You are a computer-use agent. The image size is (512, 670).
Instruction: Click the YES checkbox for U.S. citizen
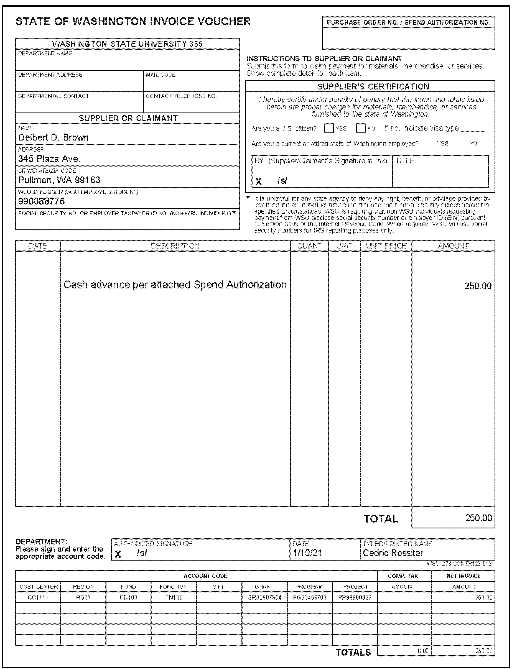tap(328, 128)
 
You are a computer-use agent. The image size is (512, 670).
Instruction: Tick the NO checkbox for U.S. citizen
tap(361, 128)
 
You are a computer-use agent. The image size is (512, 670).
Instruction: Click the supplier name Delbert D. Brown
tap(53, 137)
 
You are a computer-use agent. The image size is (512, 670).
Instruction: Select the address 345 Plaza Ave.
tap(49, 159)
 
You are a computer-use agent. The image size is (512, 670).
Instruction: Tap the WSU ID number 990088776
tap(42, 201)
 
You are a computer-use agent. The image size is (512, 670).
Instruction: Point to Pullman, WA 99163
tap(59, 180)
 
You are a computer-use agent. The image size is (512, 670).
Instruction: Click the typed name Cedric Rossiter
tap(393, 553)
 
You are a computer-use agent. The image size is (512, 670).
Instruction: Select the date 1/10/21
tap(307, 553)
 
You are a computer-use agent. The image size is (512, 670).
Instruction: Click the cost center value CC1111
tap(38, 597)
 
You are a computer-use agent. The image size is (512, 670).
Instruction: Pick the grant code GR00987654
tap(264, 597)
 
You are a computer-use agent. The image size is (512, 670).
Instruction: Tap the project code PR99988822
tap(355, 597)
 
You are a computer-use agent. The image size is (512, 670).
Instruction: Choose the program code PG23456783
tap(309, 597)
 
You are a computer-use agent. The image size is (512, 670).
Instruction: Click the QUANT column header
tap(309, 246)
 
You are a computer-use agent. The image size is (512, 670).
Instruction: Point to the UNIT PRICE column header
tap(386, 246)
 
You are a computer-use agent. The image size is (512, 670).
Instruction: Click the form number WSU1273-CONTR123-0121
tap(460, 564)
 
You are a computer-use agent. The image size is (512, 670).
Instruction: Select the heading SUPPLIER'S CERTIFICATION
tap(373, 86)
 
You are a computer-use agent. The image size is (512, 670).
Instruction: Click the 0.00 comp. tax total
tap(423, 651)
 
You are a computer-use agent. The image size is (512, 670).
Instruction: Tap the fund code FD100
tap(128, 597)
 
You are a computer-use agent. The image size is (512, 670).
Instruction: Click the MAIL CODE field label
tap(161, 75)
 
